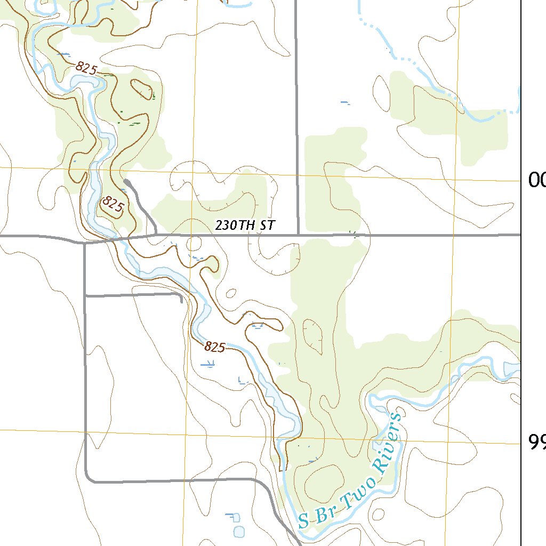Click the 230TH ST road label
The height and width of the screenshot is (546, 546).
click(245, 225)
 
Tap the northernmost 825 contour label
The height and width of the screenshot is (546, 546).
click(86, 68)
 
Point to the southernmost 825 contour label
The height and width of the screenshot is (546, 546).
click(214, 347)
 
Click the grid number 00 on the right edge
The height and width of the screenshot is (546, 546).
click(536, 181)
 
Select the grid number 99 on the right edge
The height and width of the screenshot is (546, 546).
click(536, 441)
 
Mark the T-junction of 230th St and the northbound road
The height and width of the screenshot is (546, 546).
click(297, 234)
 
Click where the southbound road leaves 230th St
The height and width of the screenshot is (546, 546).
click(85, 243)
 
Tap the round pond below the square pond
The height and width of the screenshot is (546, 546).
click(239, 531)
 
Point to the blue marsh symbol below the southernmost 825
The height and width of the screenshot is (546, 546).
click(208, 364)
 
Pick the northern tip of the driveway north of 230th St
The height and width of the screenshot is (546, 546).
click(126, 182)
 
